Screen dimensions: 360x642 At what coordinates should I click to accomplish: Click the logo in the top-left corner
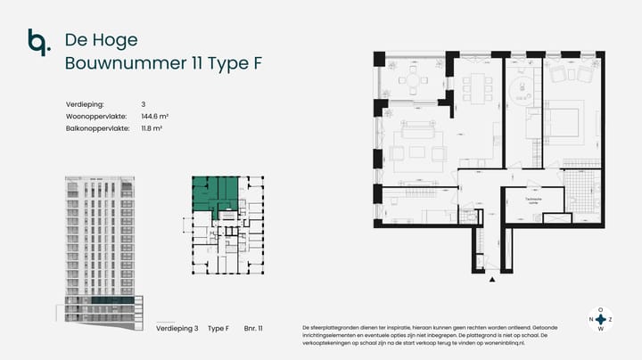37,42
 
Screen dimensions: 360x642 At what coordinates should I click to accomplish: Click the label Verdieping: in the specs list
85,104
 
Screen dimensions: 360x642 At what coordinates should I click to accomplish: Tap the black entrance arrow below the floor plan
492,280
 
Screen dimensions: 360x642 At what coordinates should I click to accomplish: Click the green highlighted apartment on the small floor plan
217,192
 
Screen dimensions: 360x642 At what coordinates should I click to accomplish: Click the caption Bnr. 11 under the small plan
254,329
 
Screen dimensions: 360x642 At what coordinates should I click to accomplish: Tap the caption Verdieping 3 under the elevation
177,329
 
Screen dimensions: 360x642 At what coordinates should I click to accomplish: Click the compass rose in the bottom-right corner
600,318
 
